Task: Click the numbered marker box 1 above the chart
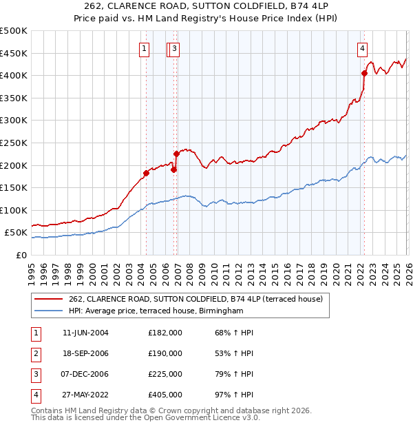[x=145, y=48]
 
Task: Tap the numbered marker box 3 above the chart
[x=175, y=48]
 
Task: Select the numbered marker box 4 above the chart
[x=362, y=48]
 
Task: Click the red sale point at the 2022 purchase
[x=364, y=72]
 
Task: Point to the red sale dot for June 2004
[x=146, y=173]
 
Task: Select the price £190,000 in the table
[x=165, y=353]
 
